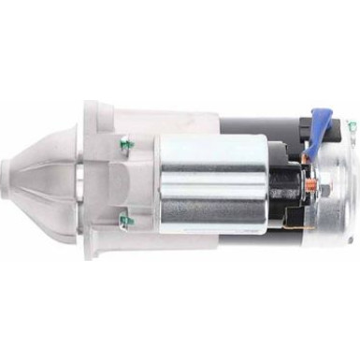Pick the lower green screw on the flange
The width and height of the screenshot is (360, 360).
click(x=125, y=222)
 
